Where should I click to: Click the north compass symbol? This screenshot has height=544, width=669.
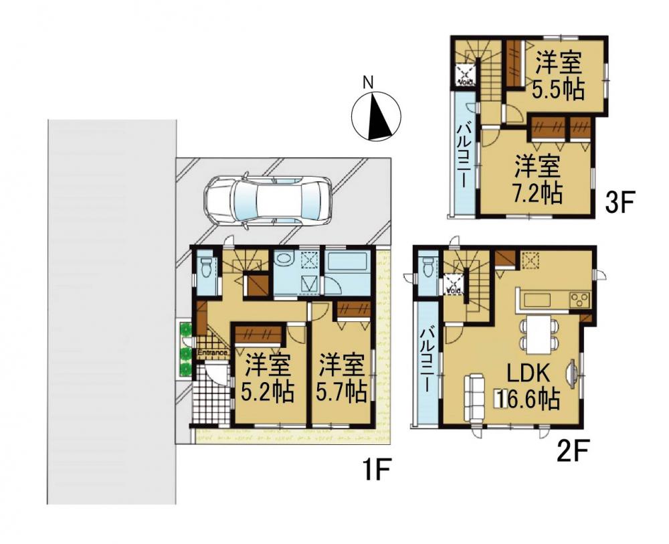[375, 116]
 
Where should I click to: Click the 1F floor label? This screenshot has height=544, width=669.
[377, 469]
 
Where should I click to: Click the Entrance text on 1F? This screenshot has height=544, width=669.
[211, 353]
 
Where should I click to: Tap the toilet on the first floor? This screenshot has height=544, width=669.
[207, 268]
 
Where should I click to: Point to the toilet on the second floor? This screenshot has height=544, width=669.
[427, 268]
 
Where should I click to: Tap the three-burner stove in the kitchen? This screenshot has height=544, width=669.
[579, 299]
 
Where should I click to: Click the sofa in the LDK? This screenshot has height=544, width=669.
[474, 398]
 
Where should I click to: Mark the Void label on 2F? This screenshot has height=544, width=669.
[453, 291]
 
